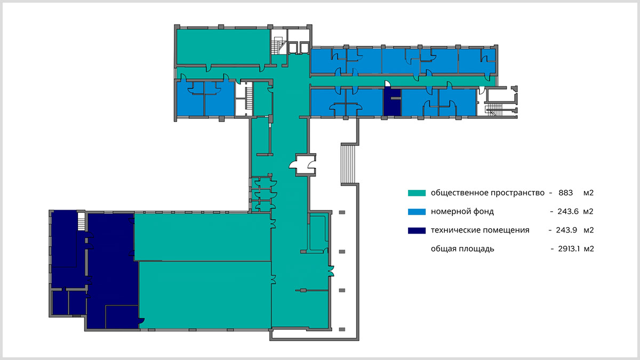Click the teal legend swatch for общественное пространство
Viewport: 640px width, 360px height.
click(417, 193)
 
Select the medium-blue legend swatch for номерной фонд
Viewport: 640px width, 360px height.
click(417, 211)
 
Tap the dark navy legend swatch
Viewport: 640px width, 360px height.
click(417, 230)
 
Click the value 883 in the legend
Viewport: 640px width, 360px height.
click(566, 193)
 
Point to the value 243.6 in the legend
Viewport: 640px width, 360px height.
click(568, 211)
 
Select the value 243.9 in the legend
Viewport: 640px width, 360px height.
click(566, 230)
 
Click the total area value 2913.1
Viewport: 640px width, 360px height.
click(569, 249)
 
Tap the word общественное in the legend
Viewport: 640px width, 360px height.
click(460, 193)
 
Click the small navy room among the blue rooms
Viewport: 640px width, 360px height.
click(393, 102)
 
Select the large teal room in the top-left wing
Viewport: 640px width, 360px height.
click(223, 47)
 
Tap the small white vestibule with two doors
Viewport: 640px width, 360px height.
click(305, 165)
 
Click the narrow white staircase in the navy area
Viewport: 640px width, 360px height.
click(82, 221)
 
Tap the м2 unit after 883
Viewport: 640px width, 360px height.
click(589, 193)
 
